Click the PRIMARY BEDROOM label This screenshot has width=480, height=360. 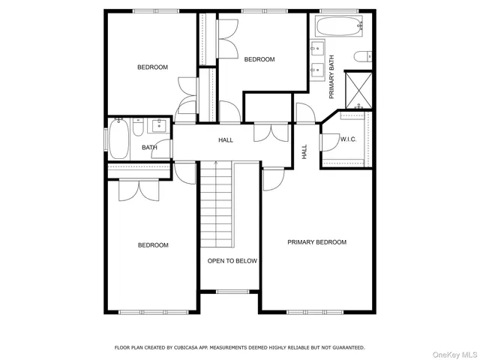tap(317, 242)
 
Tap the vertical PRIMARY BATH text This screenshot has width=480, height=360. tap(331, 77)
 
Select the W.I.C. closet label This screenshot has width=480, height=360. tap(347, 139)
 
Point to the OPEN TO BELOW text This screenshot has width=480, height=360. tap(232, 261)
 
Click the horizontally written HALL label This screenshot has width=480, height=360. tap(225, 140)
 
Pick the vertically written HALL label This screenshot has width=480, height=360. tap(304, 151)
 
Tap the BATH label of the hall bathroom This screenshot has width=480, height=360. tap(149, 147)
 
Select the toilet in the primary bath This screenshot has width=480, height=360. tap(363, 56)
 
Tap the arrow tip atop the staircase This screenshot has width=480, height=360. tap(216, 162)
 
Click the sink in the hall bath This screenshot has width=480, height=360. tap(159, 125)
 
